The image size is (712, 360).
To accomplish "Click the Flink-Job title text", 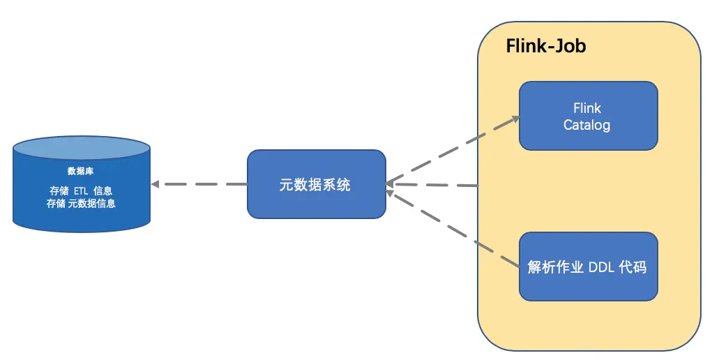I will click(545, 47).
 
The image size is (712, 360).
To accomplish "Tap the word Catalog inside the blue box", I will click(586, 126).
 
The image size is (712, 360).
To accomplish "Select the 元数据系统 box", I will click(316, 184).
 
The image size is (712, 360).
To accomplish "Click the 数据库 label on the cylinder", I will click(81, 171).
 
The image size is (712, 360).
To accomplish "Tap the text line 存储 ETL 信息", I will click(81, 190).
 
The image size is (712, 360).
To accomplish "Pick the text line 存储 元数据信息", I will click(81, 204).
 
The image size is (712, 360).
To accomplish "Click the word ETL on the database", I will click(81, 190).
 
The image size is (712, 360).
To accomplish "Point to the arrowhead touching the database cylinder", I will click(156, 184).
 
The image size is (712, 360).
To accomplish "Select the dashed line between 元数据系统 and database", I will click(202, 184).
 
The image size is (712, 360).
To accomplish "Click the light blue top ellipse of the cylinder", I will click(81, 148).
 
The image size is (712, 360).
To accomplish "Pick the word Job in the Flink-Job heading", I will click(569, 47).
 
